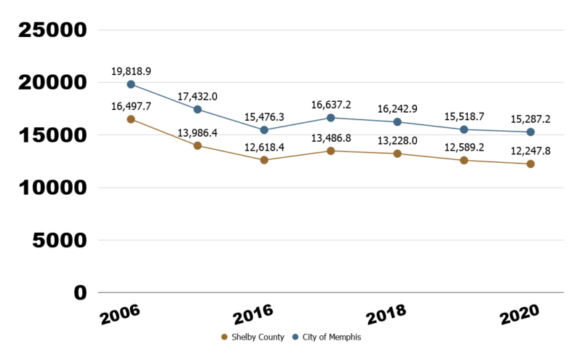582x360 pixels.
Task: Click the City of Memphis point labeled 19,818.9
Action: click(131, 84)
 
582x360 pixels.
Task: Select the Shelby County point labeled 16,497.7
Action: click(131, 119)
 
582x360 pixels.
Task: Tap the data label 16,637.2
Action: click(331, 104)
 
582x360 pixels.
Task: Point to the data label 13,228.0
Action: click(397, 139)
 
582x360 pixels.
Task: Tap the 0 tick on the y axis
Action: click(80, 292)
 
